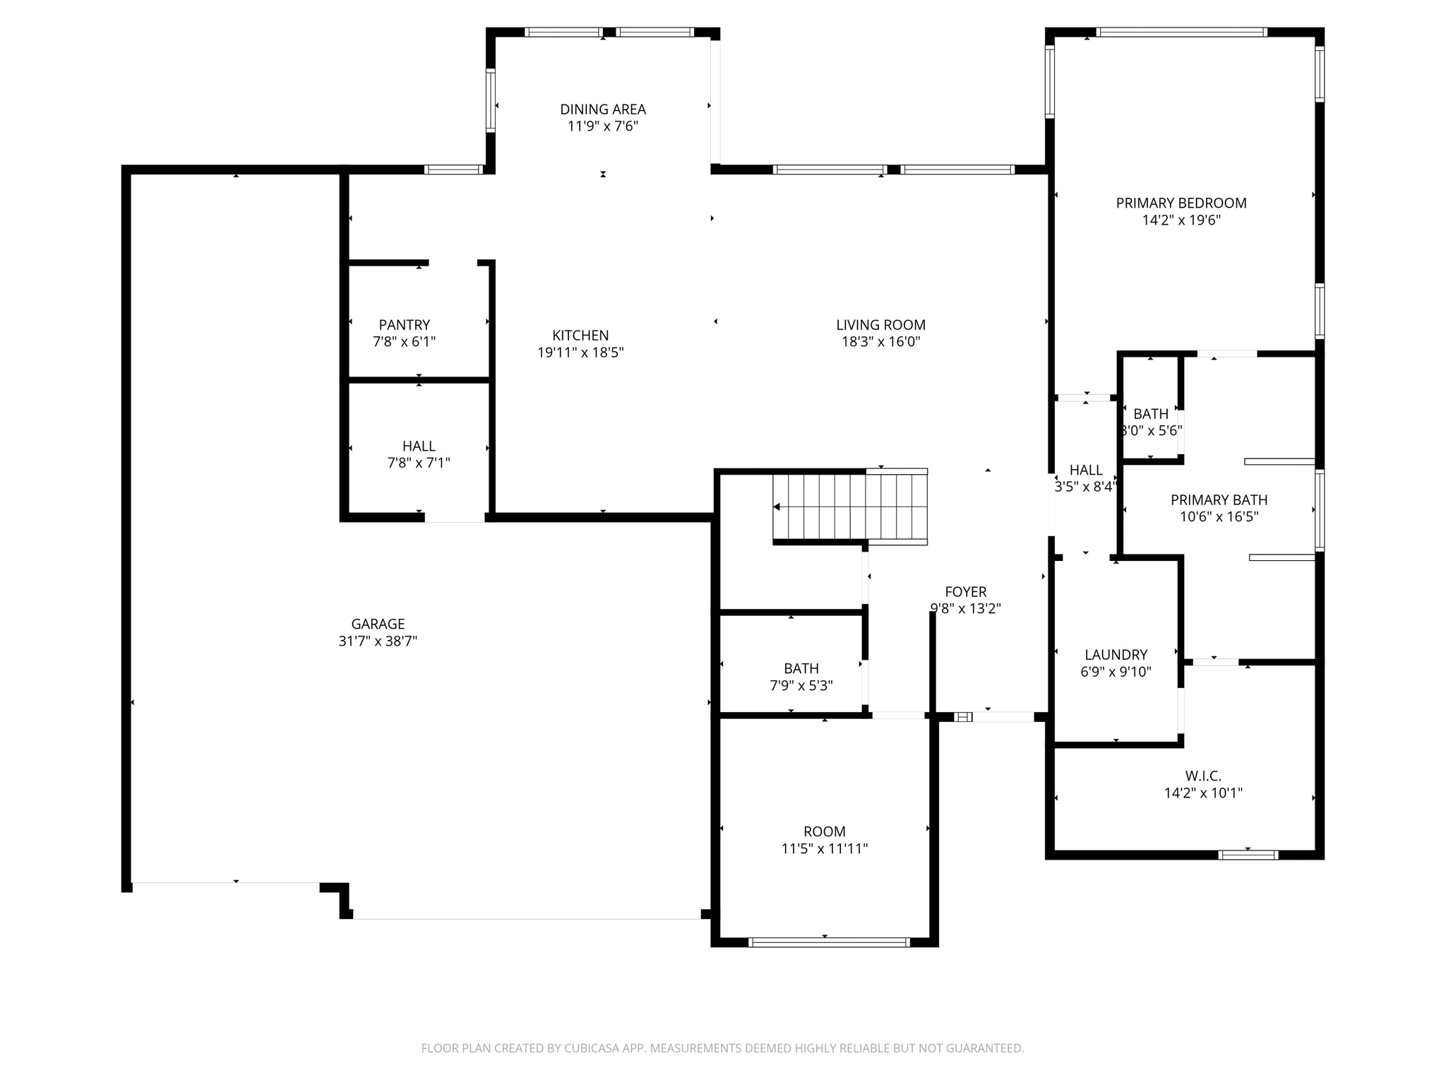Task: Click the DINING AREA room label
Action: pos(602,109)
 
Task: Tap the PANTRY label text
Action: pos(404,325)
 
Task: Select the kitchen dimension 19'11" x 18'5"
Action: pos(580,352)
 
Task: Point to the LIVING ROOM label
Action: pos(880,325)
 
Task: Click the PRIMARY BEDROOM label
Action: pos(1181,203)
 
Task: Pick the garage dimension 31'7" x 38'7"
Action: pos(378,641)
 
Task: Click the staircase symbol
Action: pos(850,506)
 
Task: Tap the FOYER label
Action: pos(965,592)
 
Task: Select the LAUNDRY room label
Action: pos(1116,655)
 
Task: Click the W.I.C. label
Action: pos(1203,776)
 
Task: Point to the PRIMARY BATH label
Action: pos(1219,500)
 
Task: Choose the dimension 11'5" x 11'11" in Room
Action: pos(824,849)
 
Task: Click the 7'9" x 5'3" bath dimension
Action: pos(801,685)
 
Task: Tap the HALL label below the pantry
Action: pos(419,446)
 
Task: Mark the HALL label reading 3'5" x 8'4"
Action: pos(1085,470)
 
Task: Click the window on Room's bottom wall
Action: pos(829,942)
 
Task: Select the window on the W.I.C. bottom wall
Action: pos(1248,855)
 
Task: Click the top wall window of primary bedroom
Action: pos(1181,32)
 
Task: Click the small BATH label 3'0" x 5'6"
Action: pos(1151,414)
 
